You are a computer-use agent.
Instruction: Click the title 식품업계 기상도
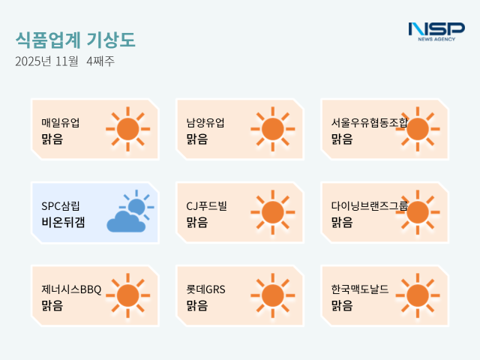tap(76, 40)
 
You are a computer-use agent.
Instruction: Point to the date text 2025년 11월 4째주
tap(64, 61)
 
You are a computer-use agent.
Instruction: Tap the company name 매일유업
tap(61, 123)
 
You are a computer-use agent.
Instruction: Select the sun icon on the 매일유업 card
tap(127, 129)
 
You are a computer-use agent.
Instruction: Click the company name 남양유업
tap(205, 123)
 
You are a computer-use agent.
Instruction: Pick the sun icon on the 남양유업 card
tap(272, 129)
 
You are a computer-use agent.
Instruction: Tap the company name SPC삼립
tap(61, 205)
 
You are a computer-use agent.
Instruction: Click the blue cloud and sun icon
tap(129, 212)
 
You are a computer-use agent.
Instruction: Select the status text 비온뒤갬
tap(63, 221)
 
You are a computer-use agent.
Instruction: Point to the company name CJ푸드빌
tap(206, 205)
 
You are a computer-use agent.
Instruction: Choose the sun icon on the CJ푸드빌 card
tap(272, 212)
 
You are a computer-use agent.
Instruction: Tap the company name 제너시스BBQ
tap(71, 289)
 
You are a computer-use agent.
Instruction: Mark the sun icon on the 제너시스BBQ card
tap(127, 295)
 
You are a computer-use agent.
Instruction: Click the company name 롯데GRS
tap(205, 289)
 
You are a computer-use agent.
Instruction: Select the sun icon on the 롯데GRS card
tap(272, 295)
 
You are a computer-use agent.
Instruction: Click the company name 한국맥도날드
tap(360, 289)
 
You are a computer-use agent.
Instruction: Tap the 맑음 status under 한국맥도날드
tap(342, 305)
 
